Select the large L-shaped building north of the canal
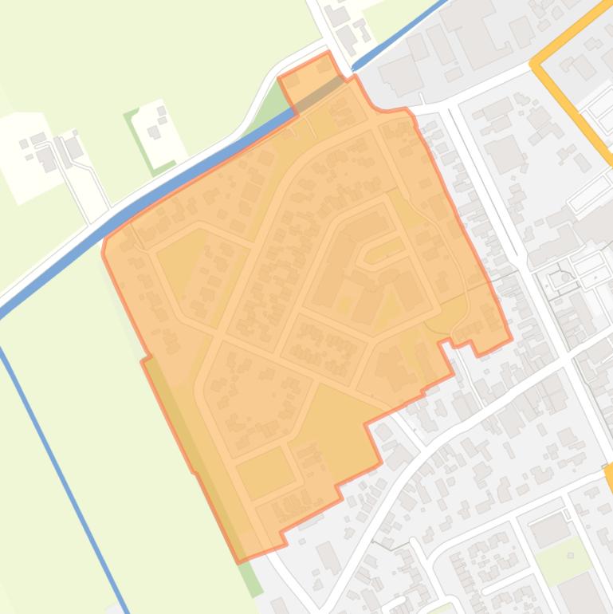478,40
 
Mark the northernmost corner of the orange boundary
327,56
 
